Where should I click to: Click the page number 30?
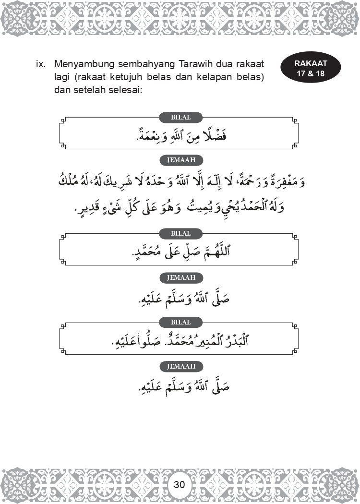tap(180, 484)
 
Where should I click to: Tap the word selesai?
tap(121, 90)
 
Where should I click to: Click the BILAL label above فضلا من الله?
tap(180, 117)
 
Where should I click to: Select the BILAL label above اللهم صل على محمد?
tap(180, 234)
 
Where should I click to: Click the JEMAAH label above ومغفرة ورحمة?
tap(180, 160)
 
